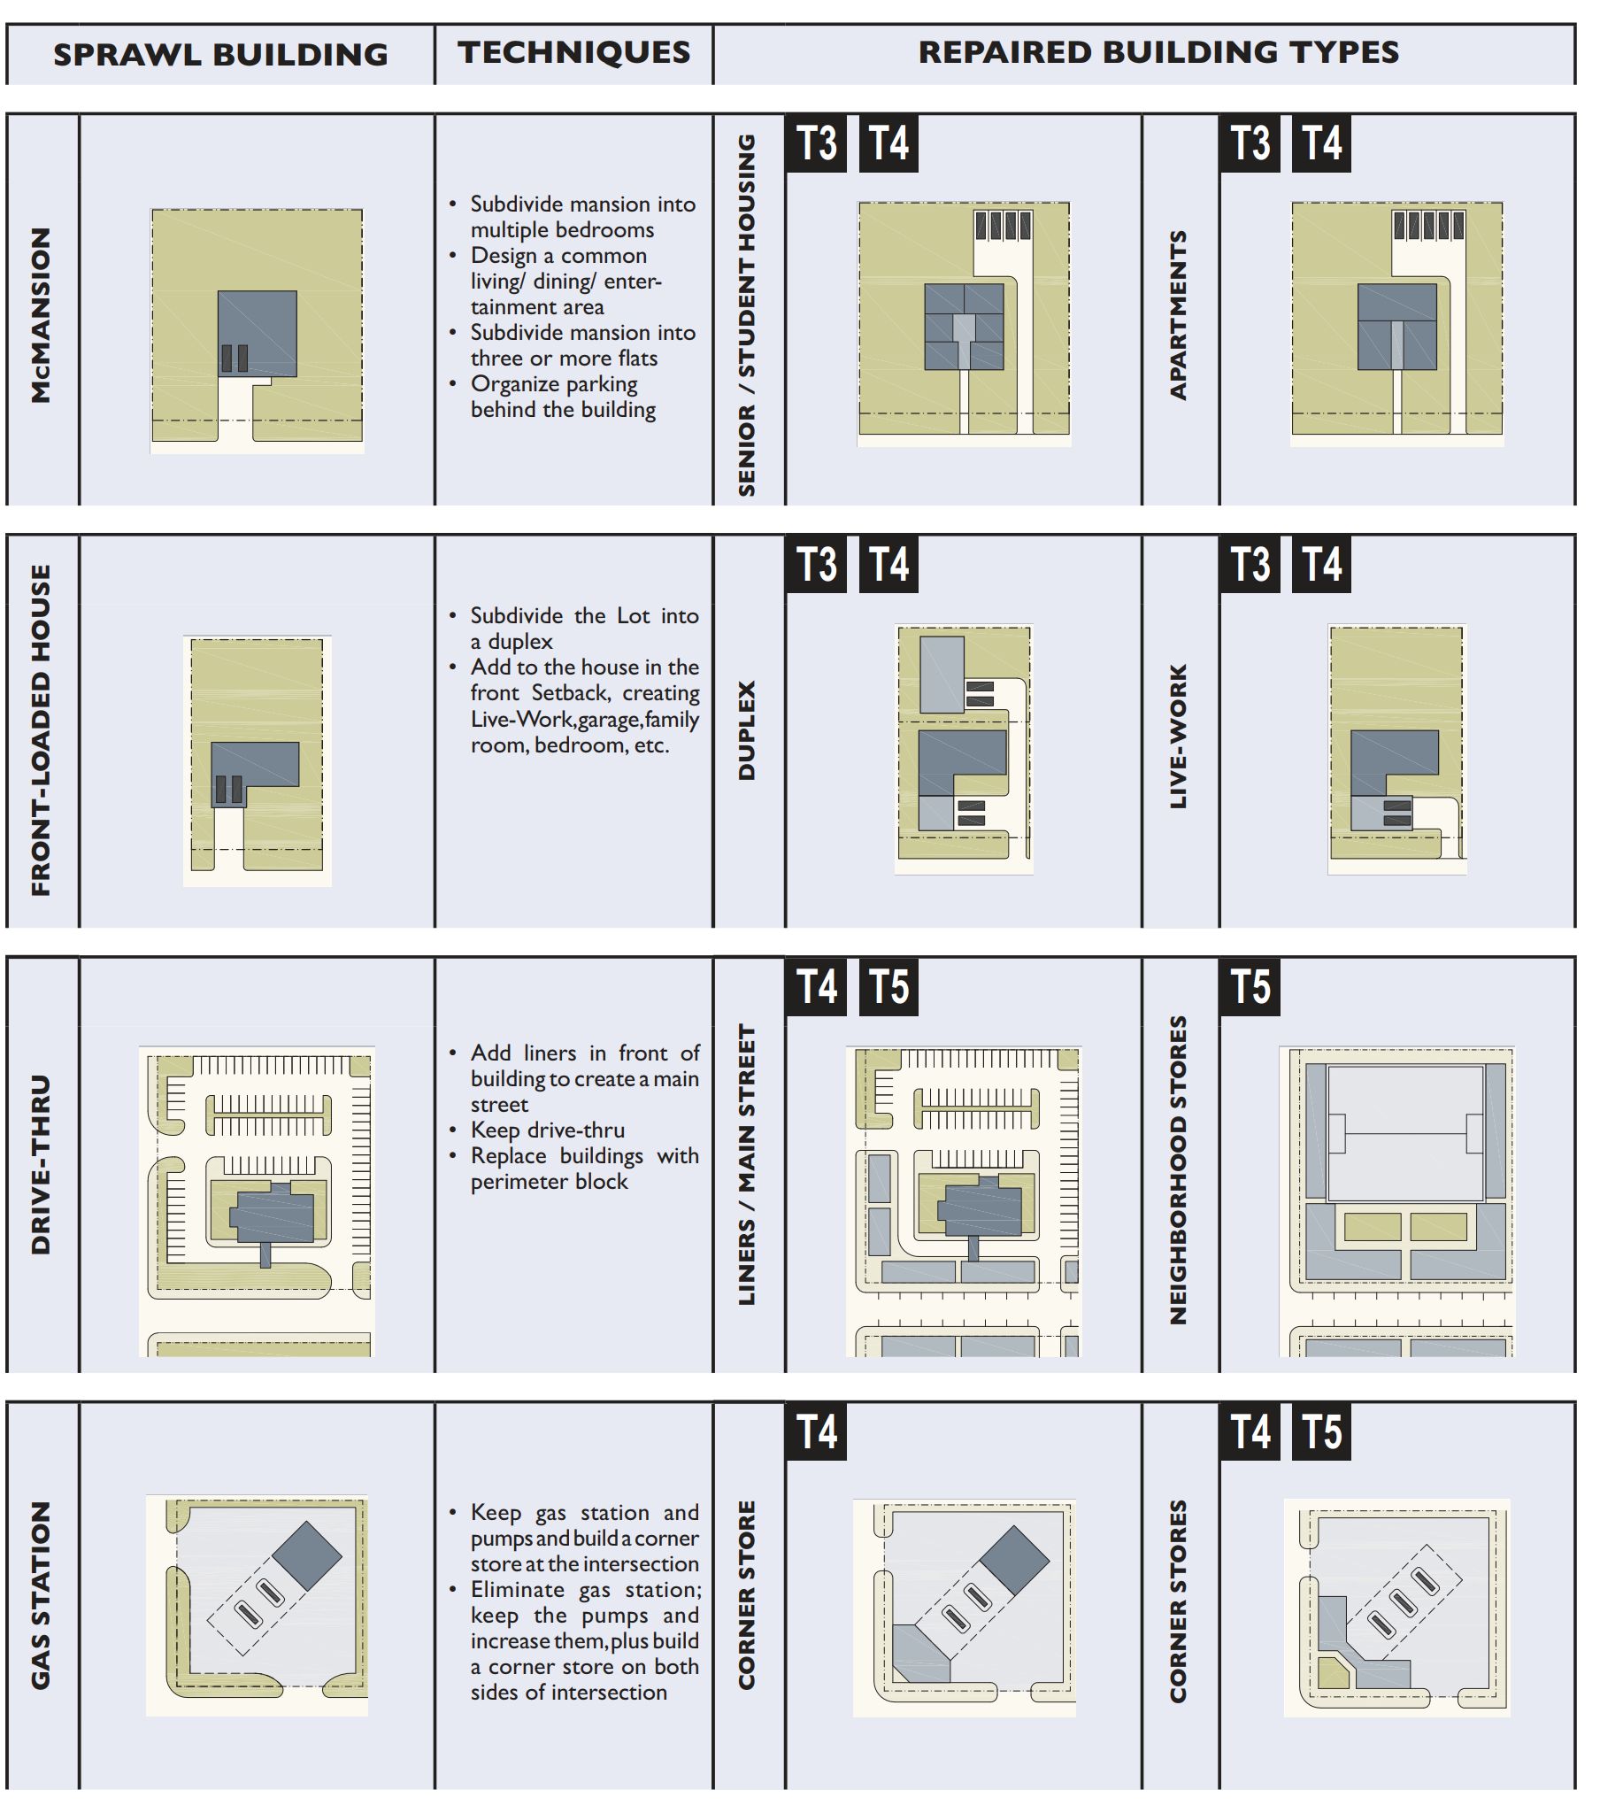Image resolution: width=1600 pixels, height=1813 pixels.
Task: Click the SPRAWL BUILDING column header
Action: point(220,55)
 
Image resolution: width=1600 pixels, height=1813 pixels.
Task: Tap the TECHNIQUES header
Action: point(573,52)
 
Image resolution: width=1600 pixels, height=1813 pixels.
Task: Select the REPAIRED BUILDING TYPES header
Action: point(1158,52)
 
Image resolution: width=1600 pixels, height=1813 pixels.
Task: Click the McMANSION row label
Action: point(41,315)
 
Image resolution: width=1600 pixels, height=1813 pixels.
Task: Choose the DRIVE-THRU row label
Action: point(41,1164)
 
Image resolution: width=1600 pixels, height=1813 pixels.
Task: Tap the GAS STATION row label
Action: point(41,1595)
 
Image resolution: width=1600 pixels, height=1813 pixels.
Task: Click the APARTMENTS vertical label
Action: point(1177,315)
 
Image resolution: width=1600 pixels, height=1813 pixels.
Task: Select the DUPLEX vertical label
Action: point(747,730)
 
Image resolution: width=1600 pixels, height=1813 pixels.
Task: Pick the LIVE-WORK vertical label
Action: point(1177,736)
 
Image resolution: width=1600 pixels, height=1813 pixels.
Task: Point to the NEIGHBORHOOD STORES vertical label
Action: point(1177,1169)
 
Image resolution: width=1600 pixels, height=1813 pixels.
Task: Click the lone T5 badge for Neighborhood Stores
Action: point(1250,986)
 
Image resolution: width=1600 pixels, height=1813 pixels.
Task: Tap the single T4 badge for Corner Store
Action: point(816,1431)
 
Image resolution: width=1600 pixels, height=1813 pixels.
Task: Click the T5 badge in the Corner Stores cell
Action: point(1320,1431)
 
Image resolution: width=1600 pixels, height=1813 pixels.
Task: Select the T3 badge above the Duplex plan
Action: point(816,564)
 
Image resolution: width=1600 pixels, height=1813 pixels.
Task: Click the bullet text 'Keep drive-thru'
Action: point(547,1130)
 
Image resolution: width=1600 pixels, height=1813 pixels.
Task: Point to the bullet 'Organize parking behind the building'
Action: point(562,397)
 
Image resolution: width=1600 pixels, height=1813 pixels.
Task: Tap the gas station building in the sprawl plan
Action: point(307,1555)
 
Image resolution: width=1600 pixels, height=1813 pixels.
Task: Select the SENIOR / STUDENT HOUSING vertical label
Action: point(747,315)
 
